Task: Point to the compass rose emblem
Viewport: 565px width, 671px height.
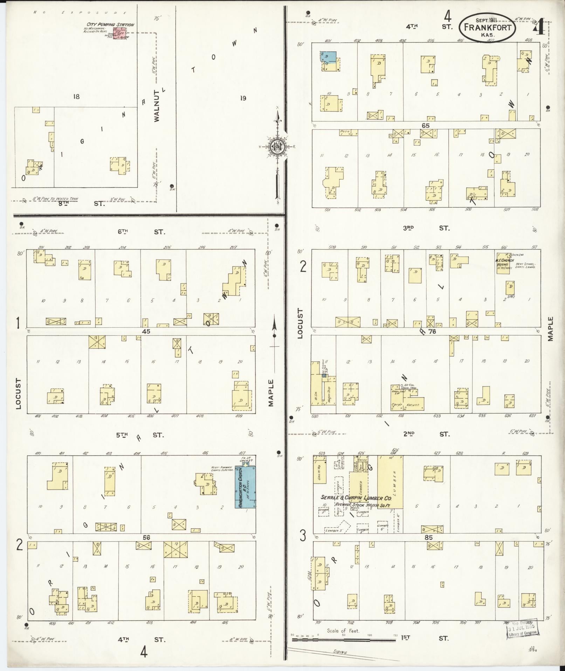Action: click(277, 147)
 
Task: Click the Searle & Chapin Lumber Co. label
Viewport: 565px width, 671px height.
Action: click(356, 498)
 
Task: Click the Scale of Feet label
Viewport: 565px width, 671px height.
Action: click(343, 631)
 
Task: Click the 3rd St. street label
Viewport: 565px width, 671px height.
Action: click(426, 228)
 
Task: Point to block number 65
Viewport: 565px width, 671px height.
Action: click(426, 126)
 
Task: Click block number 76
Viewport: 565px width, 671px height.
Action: click(432, 331)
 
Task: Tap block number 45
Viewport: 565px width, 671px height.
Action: click(146, 331)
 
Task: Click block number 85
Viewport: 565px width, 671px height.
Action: click(428, 538)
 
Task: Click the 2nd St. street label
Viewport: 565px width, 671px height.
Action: click(426, 434)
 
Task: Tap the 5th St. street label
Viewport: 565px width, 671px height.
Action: click(140, 435)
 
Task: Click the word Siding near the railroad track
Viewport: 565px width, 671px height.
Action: click(340, 653)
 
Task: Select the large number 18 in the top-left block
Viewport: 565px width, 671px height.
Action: click(76, 97)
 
